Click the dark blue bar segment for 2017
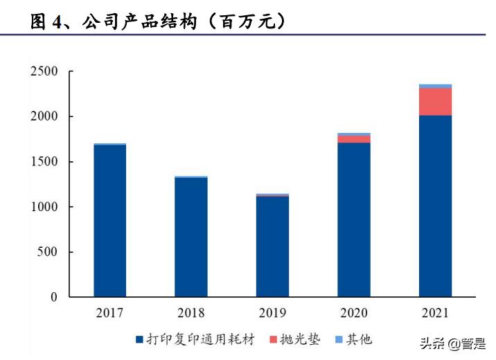point(109,221)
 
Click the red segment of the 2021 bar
point(435,102)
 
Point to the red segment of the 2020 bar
point(354,139)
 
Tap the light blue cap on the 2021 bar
point(435,87)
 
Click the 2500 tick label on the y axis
point(44,71)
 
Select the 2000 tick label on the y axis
point(44,116)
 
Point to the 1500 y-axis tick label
point(44,162)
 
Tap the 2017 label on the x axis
point(109,314)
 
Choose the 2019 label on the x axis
point(272,314)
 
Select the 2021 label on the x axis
point(435,314)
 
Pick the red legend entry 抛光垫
point(294,339)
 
